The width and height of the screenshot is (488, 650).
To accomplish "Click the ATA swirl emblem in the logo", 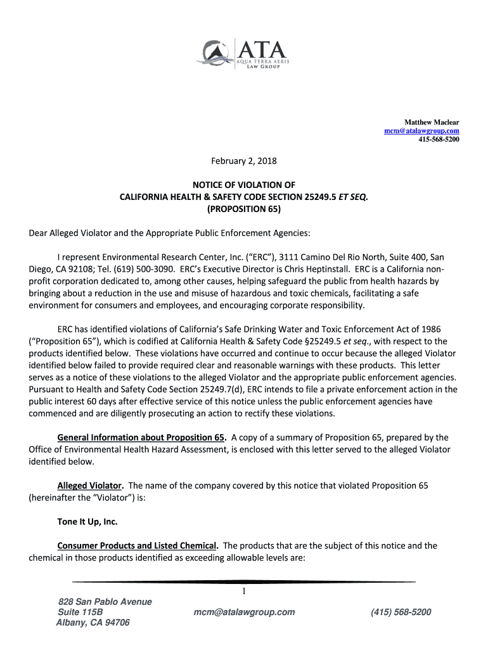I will tap(218, 53).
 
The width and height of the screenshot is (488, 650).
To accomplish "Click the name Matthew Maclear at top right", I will tap(432, 122).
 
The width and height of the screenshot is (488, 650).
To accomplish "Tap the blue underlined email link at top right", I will tap(421, 131).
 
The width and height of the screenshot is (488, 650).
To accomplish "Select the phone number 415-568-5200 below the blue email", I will tap(438, 139).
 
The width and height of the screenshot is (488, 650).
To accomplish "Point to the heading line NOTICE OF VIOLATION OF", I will tap(243, 185).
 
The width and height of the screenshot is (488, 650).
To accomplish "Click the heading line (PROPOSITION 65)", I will tap(243, 208).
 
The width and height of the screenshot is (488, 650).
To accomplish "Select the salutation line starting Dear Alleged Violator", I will tap(170, 233).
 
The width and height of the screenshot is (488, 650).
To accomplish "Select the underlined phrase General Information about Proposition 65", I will tap(141, 437).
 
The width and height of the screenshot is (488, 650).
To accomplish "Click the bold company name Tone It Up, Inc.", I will tap(87, 522).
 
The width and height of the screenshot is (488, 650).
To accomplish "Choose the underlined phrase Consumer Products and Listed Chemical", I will tap(138, 546).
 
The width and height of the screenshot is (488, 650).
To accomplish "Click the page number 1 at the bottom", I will tap(243, 592).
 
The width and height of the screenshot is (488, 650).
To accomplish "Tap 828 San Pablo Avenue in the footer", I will tap(105, 602).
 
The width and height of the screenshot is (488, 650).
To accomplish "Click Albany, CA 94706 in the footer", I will tap(93, 623).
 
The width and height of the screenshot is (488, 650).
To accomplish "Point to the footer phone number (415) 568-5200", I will tap(401, 612).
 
